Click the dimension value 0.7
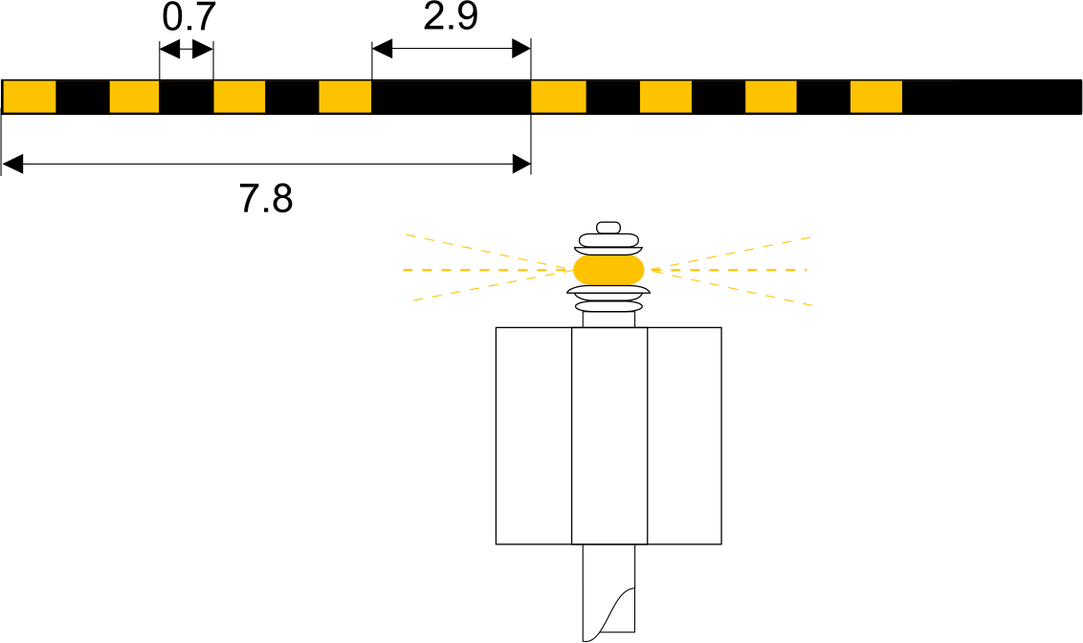188,17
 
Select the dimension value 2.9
451,16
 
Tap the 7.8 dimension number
266,198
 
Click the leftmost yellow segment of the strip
30,97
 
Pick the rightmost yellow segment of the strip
875,97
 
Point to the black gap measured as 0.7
187,97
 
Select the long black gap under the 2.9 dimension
451,97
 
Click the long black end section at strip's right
992,97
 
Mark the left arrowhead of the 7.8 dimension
12,165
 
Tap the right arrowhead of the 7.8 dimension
521,165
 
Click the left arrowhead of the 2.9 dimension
382,49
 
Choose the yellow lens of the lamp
608,270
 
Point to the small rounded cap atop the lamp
608,227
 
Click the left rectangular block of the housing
534,435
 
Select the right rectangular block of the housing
684,435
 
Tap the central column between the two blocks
609,435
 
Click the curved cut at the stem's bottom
609,613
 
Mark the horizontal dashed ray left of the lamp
488,270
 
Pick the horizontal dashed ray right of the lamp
729,270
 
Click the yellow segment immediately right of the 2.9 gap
558,97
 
